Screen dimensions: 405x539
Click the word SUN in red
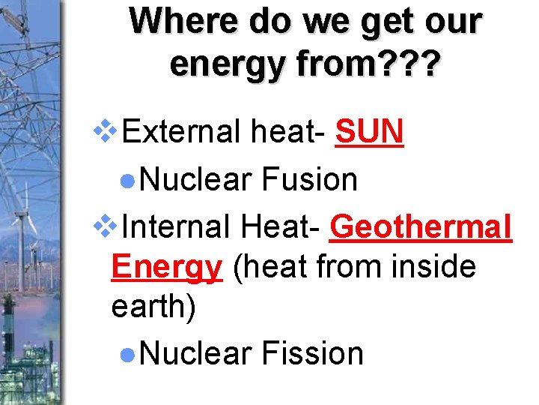point(370,133)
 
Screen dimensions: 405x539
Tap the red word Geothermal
point(420,225)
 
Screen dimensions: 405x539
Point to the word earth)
point(153,307)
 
